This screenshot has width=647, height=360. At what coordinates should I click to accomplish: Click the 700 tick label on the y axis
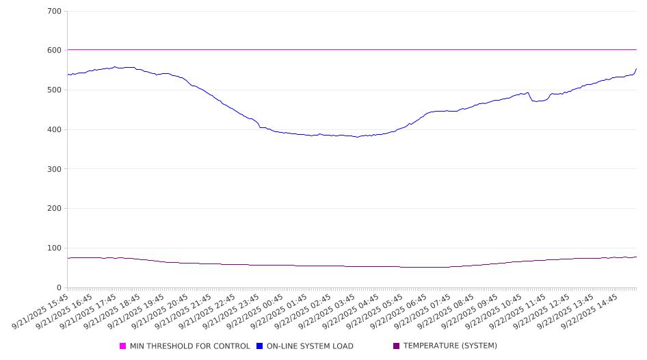pos(55,12)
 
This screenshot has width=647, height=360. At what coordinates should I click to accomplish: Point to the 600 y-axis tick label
pos(55,51)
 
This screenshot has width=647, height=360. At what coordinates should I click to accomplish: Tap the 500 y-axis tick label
pos(55,90)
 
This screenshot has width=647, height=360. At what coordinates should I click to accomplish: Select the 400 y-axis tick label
pos(55,130)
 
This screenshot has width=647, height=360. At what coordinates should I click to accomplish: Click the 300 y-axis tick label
pos(55,169)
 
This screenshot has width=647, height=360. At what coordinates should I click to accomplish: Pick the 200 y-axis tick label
pos(55,209)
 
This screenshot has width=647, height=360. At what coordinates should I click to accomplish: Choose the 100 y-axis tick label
pos(55,248)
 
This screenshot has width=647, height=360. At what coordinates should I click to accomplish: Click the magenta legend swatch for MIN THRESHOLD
pos(123,346)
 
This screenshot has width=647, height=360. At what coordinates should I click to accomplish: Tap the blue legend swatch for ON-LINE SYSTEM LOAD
pos(260,346)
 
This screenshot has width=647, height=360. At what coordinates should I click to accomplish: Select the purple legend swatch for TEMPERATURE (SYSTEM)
pos(397,346)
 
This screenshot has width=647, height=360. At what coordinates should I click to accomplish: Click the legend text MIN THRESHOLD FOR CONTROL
pos(189,346)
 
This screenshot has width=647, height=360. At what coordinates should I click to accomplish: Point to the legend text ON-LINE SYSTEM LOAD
pos(310,346)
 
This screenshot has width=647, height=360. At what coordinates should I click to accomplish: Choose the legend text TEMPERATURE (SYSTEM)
pos(450,346)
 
